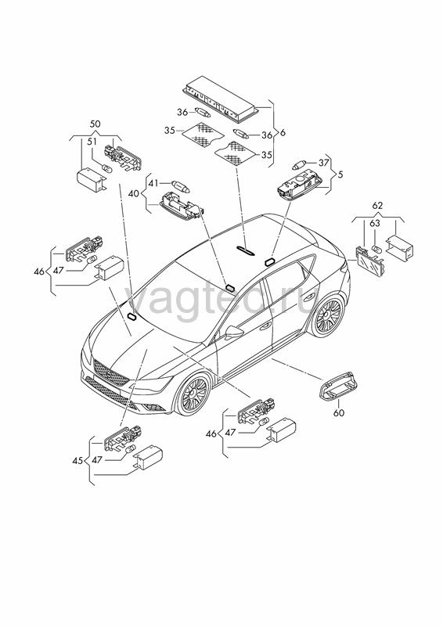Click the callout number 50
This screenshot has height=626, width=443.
(95, 124)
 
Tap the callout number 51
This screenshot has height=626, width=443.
(92, 142)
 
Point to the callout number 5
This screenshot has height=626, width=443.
(340, 174)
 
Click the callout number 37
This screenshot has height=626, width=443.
(323, 163)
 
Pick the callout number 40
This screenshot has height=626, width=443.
(134, 194)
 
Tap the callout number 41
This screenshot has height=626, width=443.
(153, 183)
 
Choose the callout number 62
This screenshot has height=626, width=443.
(377, 206)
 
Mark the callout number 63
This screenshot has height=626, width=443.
(375, 223)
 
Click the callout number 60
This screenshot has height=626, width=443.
(338, 413)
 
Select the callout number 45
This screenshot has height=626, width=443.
(77, 460)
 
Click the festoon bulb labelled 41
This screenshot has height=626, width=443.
(182, 185)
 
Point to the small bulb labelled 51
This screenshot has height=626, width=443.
(107, 169)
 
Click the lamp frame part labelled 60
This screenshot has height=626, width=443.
(337, 386)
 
